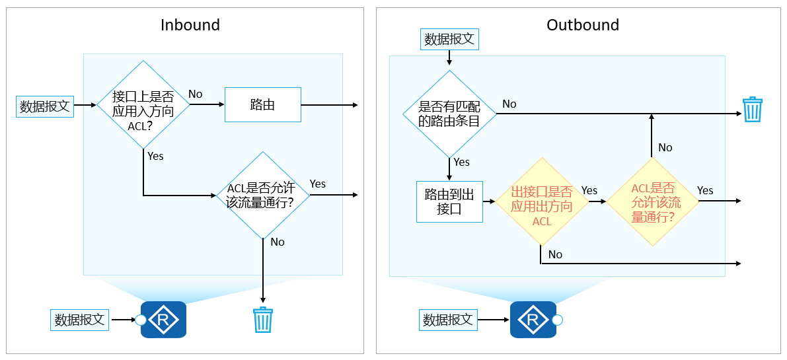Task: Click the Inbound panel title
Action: coord(190,25)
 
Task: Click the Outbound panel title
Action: coord(582,25)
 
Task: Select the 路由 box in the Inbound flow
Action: coord(262,105)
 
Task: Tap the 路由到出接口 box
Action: coord(449,201)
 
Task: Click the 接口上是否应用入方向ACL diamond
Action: coord(143,106)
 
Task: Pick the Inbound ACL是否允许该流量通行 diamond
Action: coord(263,195)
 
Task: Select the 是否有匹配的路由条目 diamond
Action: coord(449,114)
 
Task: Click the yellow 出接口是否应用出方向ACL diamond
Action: coord(541,201)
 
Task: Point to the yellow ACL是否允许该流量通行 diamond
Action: coord(652,201)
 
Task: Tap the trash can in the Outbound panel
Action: coord(752,110)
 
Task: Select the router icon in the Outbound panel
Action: coord(533,320)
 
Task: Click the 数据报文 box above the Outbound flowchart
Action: coord(449,39)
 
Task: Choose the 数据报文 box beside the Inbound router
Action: coord(79,320)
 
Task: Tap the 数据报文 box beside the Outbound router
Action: coord(448,320)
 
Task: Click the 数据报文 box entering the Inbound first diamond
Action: coord(44,106)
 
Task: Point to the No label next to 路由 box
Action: coord(196,94)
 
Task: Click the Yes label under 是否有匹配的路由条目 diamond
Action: coord(461,162)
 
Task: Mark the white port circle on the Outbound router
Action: coord(557,320)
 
